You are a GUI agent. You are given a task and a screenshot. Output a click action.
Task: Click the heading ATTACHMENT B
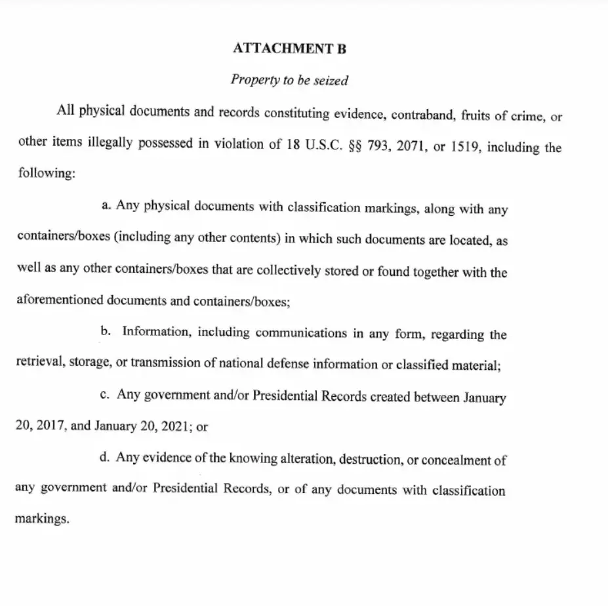pos(289,49)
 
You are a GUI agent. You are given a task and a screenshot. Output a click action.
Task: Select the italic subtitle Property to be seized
pos(289,80)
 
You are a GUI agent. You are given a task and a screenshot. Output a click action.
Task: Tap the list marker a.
pos(106,205)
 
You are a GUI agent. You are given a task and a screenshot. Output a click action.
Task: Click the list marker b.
pos(105,331)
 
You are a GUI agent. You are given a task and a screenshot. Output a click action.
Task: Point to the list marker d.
pos(104,456)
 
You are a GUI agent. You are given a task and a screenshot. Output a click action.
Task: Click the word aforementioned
pos(59,301)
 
